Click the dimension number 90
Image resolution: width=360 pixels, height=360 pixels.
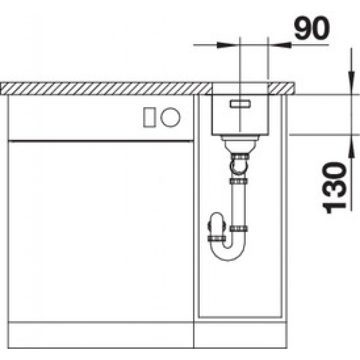click(x=312, y=28)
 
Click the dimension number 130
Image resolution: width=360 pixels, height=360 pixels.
click(x=334, y=188)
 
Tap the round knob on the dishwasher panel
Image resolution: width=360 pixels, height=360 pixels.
click(x=171, y=117)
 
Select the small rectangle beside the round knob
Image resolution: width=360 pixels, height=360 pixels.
click(x=149, y=117)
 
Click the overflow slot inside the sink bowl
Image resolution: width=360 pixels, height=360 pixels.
click(x=240, y=104)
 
